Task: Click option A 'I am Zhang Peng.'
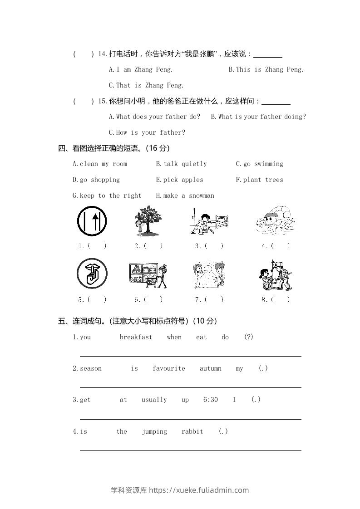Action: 141,69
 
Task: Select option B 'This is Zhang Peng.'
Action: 266,69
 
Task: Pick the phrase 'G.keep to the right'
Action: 107,196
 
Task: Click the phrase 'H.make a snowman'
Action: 185,196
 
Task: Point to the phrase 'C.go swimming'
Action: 259,164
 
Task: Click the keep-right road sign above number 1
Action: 92,221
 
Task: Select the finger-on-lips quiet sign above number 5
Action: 92,273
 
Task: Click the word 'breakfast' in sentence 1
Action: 136,337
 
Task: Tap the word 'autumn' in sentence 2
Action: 211,368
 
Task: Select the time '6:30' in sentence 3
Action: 211,400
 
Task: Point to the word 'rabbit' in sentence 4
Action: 192,431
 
